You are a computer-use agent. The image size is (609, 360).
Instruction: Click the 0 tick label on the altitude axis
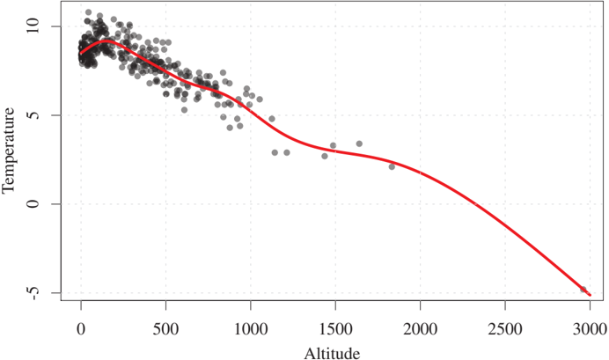click(x=81, y=329)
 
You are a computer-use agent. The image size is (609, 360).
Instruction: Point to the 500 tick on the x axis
click(x=165, y=329)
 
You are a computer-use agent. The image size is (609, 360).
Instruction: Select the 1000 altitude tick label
click(x=250, y=329)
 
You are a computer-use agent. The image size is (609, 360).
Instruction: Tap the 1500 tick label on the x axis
click(x=335, y=329)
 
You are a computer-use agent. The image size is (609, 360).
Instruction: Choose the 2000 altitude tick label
click(x=420, y=329)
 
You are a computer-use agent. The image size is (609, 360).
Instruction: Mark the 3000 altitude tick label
click(x=590, y=329)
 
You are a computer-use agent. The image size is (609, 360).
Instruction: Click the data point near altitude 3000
click(x=583, y=289)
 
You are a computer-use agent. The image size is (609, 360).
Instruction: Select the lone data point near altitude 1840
click(x=392, y=166)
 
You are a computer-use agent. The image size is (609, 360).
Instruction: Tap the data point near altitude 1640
click(x=359, y=143)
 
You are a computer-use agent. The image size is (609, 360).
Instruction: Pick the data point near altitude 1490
click(x=333, y=145)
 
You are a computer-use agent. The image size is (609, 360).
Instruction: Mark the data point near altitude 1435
click(x=324, y=156)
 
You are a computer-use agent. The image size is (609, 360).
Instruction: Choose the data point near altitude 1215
click(x=287, y=152)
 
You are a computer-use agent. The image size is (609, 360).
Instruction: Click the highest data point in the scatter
click(x=88, y=12)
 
